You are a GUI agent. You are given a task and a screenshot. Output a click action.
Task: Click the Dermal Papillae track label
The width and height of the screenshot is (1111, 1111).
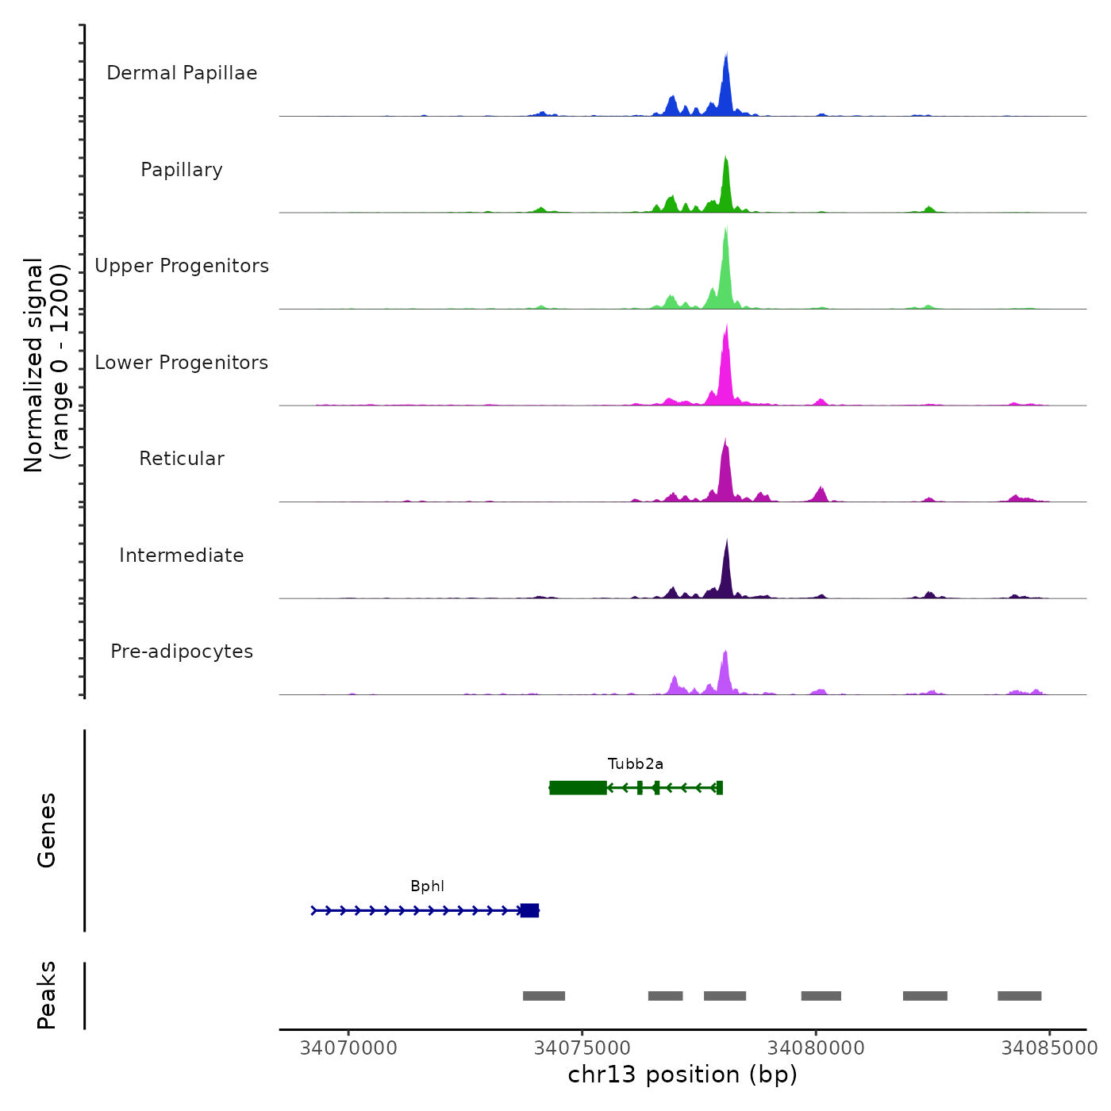182,73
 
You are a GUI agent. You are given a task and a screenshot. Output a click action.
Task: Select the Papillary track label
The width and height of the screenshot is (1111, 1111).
182,170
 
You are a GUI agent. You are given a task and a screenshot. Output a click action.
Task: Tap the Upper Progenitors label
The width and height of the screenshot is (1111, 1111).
182,266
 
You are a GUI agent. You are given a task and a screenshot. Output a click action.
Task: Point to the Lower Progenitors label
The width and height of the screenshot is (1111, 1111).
182,363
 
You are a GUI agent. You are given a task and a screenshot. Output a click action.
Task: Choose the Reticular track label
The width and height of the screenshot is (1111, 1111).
182,459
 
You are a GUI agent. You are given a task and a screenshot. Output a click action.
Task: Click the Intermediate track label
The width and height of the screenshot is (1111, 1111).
182,555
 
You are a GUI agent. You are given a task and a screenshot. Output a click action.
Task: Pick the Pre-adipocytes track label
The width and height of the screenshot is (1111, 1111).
182,652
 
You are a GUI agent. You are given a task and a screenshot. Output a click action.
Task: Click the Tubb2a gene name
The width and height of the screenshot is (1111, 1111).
636,764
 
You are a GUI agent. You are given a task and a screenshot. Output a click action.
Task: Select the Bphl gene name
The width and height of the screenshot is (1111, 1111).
427,886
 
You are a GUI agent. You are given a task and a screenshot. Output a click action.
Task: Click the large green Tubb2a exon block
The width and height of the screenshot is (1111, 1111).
578,788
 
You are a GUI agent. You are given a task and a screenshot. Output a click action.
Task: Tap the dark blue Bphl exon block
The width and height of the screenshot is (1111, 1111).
529,910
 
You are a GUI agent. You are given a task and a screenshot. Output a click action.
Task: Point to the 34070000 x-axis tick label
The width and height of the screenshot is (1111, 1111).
348,1048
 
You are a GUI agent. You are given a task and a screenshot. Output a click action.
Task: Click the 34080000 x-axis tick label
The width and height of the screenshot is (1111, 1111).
816,1048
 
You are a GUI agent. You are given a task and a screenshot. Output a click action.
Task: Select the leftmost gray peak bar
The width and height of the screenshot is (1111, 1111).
544,996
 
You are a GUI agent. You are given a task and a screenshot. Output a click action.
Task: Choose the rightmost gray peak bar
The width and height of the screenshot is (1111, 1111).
1019,996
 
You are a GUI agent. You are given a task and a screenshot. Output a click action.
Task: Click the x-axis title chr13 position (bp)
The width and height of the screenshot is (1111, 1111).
682,1074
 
